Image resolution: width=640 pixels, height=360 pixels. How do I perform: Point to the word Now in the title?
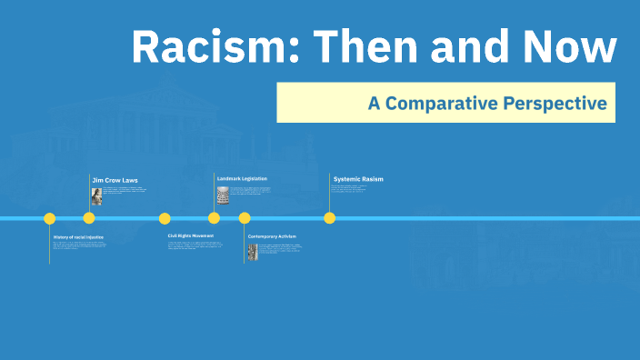click(568, 47)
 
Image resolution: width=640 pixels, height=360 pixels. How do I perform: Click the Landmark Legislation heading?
click(242, 178)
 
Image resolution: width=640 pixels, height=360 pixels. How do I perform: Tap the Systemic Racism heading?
click(358, 179)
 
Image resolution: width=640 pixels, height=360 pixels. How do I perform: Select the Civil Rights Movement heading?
click(191, 235)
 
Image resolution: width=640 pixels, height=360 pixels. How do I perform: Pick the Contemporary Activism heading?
click(272, 236)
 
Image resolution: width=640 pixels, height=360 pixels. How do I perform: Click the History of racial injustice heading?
click(78, 236)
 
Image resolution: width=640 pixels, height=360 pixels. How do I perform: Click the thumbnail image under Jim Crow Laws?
click(96, 196)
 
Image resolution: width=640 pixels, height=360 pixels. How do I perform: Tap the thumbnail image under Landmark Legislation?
click(223, 195)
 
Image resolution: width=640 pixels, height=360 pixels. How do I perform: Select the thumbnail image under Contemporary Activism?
click(253, 252)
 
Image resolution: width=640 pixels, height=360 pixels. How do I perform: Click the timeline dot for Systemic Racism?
click(330, 218)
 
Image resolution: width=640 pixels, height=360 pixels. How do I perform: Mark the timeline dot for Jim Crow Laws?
click(89, 218)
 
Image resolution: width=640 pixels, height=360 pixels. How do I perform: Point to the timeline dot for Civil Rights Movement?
click(165, 218)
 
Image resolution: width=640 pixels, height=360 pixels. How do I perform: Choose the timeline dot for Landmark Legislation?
click(214, 218)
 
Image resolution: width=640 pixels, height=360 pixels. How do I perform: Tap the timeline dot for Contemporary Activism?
click(245, 218)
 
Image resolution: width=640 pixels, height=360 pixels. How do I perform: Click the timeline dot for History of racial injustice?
click(50, 218)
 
